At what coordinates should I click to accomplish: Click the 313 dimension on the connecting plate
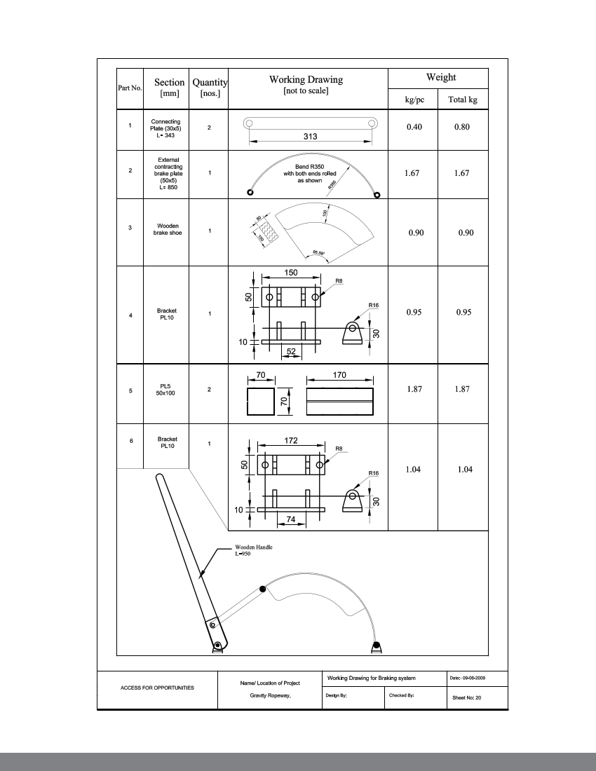(x=310, y=137)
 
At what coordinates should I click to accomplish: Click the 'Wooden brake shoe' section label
(x=168, y=229)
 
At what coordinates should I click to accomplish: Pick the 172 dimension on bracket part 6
(x=291, y=441)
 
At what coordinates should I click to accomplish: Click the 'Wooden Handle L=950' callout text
(x=254, y=550)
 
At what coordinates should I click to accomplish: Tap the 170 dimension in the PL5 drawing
(x=339, y=375)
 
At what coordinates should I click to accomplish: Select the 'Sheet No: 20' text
(x=466, y=697)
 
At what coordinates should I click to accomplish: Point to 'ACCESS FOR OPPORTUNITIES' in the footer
(x=157, y=688)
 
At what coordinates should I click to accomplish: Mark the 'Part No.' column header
(x=130, y=88)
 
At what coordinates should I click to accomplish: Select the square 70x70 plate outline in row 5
(x=260, y=402)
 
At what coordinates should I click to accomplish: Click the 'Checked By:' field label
(x=402, y=696)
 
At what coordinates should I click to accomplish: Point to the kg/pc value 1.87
(x=414, y=389)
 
